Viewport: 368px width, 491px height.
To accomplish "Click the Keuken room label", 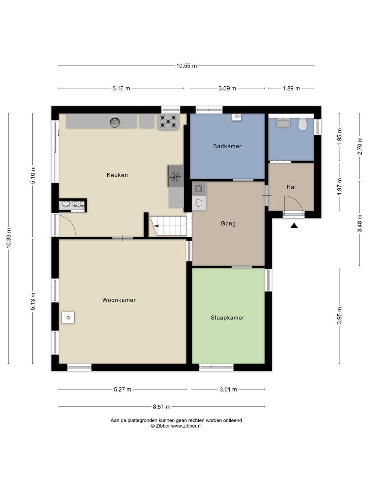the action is (117, 175).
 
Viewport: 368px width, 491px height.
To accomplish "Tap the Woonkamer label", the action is (119, 300).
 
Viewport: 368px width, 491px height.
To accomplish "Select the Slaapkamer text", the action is (228, 318).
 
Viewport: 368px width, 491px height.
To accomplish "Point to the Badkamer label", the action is (227, 146).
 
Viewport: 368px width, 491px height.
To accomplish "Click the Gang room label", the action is (228, 223).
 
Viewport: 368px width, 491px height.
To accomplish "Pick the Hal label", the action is (291, 187).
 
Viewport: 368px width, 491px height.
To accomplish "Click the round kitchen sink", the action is (115, 122).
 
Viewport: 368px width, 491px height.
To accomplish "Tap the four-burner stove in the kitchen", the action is (168, 122).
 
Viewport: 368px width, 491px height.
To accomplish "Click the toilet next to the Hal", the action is (302, 124).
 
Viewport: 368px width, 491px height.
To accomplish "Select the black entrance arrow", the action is (294, 226).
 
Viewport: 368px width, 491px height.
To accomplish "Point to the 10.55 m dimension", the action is (187, 66).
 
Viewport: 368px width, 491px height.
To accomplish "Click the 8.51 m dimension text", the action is (162, 407).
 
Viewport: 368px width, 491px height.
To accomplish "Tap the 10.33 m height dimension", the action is (9, 238).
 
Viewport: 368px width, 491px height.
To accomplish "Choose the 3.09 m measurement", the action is (227, 88).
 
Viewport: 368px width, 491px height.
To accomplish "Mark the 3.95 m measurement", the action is (339, 316).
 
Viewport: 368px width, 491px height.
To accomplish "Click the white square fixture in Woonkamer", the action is (68, 318).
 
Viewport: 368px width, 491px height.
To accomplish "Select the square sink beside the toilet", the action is (283, 123).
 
